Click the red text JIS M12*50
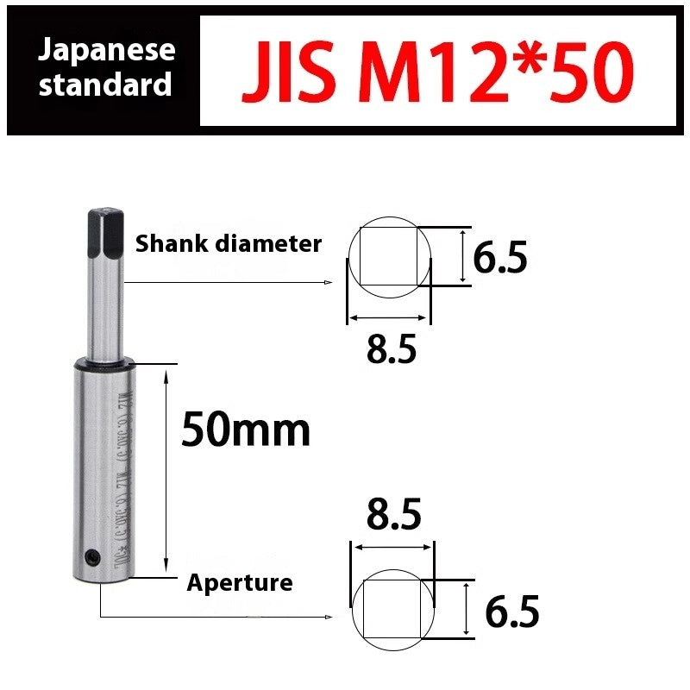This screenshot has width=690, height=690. click(x=437, y=72)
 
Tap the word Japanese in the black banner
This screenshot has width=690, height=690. click(x=107, y=49)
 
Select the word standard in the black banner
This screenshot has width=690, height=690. click(x=105, y=85)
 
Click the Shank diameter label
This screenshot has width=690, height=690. click(x=228, y=244)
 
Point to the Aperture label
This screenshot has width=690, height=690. click(x=240, y=583)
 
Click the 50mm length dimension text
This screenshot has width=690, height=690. click(x=245, y=430)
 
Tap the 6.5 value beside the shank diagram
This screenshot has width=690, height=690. click(x=499, y=257)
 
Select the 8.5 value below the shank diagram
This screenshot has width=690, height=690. click(x=391, y=349)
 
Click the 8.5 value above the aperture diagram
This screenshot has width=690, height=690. click(x=393, y=515)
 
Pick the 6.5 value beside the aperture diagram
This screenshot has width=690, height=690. click(x=512, y=612)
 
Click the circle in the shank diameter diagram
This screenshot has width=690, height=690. click(x=389, y=256)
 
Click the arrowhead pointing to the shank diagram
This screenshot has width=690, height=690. click(x=328, y=282)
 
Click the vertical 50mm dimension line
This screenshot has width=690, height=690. click(x=165, y=470)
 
